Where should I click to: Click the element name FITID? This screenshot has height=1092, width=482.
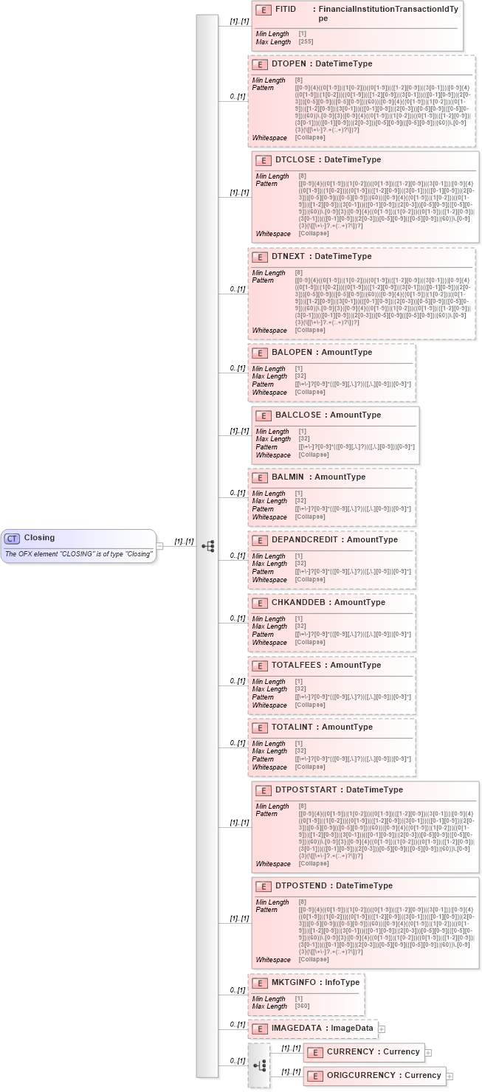[x=286, y=9]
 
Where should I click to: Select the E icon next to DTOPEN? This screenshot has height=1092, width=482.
[x=259, y=64]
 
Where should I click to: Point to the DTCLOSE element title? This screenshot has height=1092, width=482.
[x=328, y=159]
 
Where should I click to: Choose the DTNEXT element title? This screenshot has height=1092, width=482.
[x=321, y=256]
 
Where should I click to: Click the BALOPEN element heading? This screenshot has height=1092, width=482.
[x=321, y=352]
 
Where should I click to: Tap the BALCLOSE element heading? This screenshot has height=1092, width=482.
[x=328, y=415]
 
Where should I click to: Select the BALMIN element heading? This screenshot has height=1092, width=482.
[x=318, y=477]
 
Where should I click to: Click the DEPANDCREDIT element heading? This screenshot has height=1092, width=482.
[x=334, y=539]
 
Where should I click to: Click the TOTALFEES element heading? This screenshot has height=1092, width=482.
[x=326, y=665]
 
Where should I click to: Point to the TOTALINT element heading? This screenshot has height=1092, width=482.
[x=322, y=727]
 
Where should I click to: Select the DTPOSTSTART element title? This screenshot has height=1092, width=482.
[x=339, y=789]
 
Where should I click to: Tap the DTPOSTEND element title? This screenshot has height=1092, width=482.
[x=334, y=885]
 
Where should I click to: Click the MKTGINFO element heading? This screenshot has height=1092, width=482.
[x=315, y=983]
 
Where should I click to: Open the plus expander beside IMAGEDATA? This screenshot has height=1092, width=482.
[x=382, y=1029]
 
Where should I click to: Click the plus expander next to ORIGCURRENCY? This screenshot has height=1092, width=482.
[x=450, y=1076]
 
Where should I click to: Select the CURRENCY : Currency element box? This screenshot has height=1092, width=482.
[x=364, y=1051]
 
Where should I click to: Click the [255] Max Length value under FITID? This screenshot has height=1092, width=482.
[x=306, y=42]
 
